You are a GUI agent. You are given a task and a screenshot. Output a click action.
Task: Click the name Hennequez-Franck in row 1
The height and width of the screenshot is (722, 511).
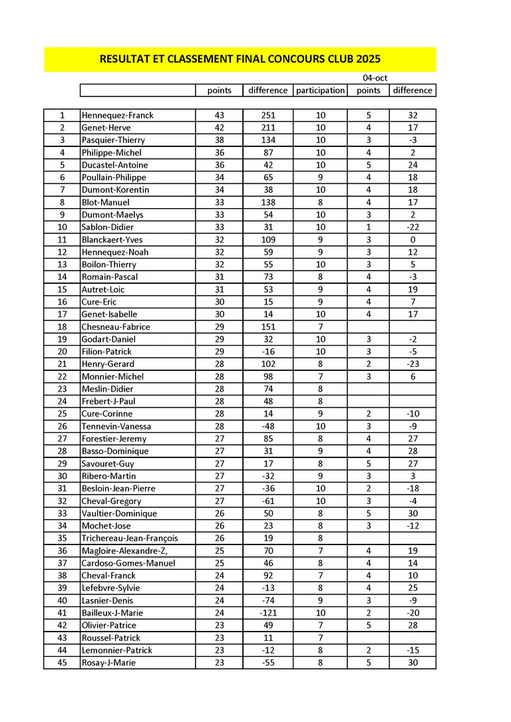click(x=117, y=115)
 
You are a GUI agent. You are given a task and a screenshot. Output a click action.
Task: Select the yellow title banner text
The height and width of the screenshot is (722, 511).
click(x=240, y=59)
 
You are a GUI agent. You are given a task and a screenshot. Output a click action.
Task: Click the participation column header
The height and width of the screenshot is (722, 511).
click(x=320, y=90)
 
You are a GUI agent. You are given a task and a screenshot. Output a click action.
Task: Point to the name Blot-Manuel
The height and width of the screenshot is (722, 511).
click(x=105, y=202)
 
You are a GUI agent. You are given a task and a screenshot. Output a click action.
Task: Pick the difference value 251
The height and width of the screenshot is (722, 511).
click(x=268, y=115)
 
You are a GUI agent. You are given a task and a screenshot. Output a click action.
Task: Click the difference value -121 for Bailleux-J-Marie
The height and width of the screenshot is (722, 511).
click(x=268, y=612)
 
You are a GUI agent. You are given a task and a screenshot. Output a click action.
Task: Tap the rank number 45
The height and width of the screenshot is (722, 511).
click(x=62, y=662)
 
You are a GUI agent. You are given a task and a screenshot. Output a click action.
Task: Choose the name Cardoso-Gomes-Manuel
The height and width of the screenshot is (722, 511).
click(x=128, y=563)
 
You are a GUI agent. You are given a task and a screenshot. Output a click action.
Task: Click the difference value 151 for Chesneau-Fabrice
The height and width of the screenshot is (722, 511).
click(x=268, y=326)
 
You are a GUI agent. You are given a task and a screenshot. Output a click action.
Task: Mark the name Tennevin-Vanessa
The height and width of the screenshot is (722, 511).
click(x=116, y=426)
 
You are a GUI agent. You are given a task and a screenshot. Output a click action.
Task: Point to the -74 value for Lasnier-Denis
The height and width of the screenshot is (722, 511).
click(x=268, y=600)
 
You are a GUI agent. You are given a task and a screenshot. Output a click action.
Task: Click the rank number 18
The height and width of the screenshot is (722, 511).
click(x=62, y=326)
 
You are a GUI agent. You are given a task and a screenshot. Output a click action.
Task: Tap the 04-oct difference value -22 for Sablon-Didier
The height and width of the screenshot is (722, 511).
click(x=413, y=227)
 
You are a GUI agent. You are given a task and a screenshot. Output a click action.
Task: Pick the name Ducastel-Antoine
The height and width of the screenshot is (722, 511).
click(x=114, y=165)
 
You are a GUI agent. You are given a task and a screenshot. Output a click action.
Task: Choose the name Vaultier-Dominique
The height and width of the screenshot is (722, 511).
click(x=119, y=513)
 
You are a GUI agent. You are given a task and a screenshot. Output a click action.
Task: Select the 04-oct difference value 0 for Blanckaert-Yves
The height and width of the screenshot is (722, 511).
click(x=413, y=239)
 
